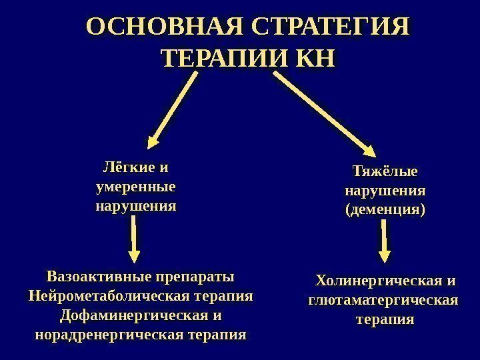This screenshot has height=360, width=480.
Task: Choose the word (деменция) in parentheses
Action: (x=385, y=210)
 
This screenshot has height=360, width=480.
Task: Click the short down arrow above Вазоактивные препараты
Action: (x=134, y=241)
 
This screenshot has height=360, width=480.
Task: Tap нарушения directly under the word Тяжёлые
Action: (x=385, y=191)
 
